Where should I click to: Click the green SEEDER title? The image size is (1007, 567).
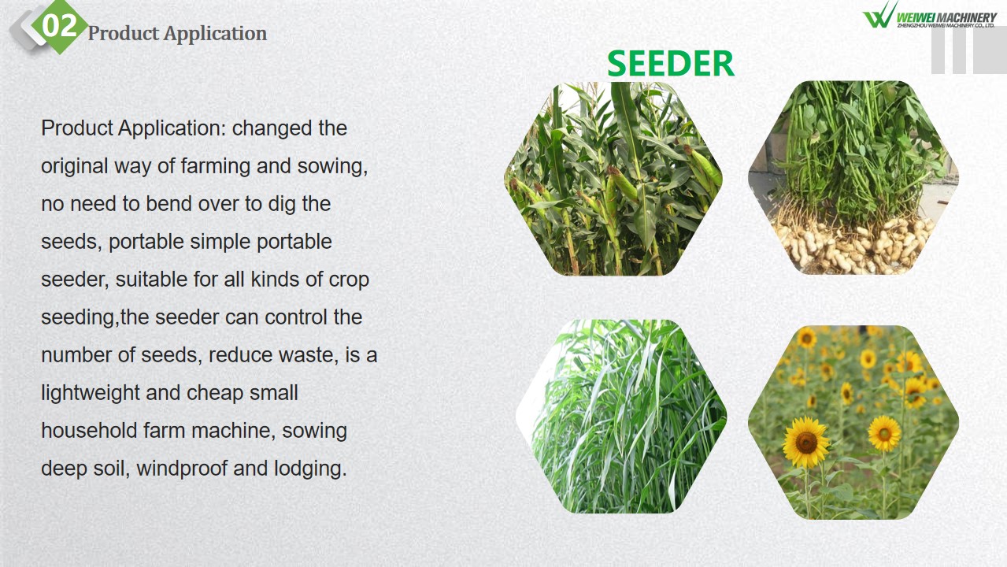pyautogui.click(x=671, y=64)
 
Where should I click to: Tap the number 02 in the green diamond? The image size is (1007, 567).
pyautogui.click(x=59, y=26)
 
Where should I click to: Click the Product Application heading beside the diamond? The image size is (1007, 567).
pyautogui.click(x=177, y=34)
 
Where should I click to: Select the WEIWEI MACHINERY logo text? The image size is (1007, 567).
pyautogui.click(x=946, y=17)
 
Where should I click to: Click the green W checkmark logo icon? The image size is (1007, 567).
pyautogui.click(x=879, y=15)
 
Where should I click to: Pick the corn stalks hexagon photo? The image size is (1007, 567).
pyautogui.click(x=613, y=179)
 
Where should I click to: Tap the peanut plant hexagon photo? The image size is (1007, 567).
pyautogui.click(x=853, y=178)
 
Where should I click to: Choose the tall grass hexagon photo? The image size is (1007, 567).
pyautogui.click(x=621, y=417)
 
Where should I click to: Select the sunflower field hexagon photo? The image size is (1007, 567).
pyautogui.click(x=853, y=422)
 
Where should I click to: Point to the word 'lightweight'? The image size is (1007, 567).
pyautogui.click(x=91, y=393)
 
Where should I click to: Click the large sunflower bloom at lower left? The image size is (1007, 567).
pyautogui.click(x=806, y=443)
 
